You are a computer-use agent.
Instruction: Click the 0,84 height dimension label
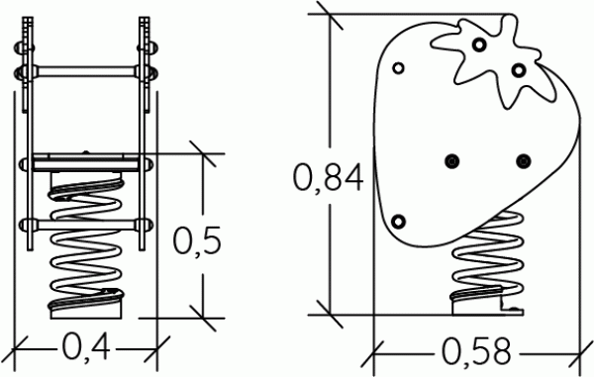328,177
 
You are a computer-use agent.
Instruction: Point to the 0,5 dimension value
197,240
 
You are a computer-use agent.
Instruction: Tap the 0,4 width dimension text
86,347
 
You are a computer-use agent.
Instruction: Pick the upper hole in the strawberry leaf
479,45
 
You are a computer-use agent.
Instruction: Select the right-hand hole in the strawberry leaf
519,70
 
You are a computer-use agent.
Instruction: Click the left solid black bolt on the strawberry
452,161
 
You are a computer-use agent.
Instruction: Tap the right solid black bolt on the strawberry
524,161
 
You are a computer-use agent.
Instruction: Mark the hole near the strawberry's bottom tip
398,222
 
